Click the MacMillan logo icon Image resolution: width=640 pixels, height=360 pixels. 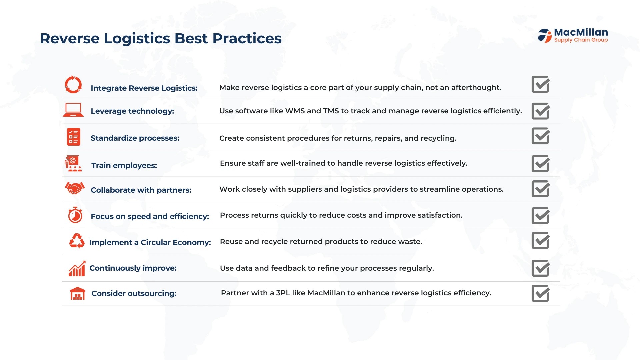click(x=545, y=36)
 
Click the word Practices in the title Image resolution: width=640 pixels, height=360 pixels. click(x=247, y=39)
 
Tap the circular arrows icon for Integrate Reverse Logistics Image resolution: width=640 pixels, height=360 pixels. click(x=73, y=85)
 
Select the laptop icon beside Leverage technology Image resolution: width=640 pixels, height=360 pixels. click(x=73, y=110)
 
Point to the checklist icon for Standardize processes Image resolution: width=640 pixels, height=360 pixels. click(x=73, y=137)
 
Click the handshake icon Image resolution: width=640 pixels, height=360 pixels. click(x=75, y=188)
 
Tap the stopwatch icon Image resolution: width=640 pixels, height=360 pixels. click(x=75, y=215)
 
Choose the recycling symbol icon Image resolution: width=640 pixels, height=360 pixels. click(x=77, y=241)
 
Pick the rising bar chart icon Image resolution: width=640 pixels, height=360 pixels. click(x=77, y=269)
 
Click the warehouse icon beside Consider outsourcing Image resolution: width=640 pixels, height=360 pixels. click(x=78, y=294)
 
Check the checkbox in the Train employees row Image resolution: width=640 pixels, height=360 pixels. click(x=541, y=164)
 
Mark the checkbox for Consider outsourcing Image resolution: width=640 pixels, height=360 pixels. click(x=541, y=293)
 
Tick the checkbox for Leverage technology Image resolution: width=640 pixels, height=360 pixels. click(x=541, y=111)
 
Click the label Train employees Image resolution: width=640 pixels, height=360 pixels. click(x=124, y=165)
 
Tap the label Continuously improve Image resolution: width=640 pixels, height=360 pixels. click(x=133, y=268)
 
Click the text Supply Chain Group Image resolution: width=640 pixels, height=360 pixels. click(x=581, y=40)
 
